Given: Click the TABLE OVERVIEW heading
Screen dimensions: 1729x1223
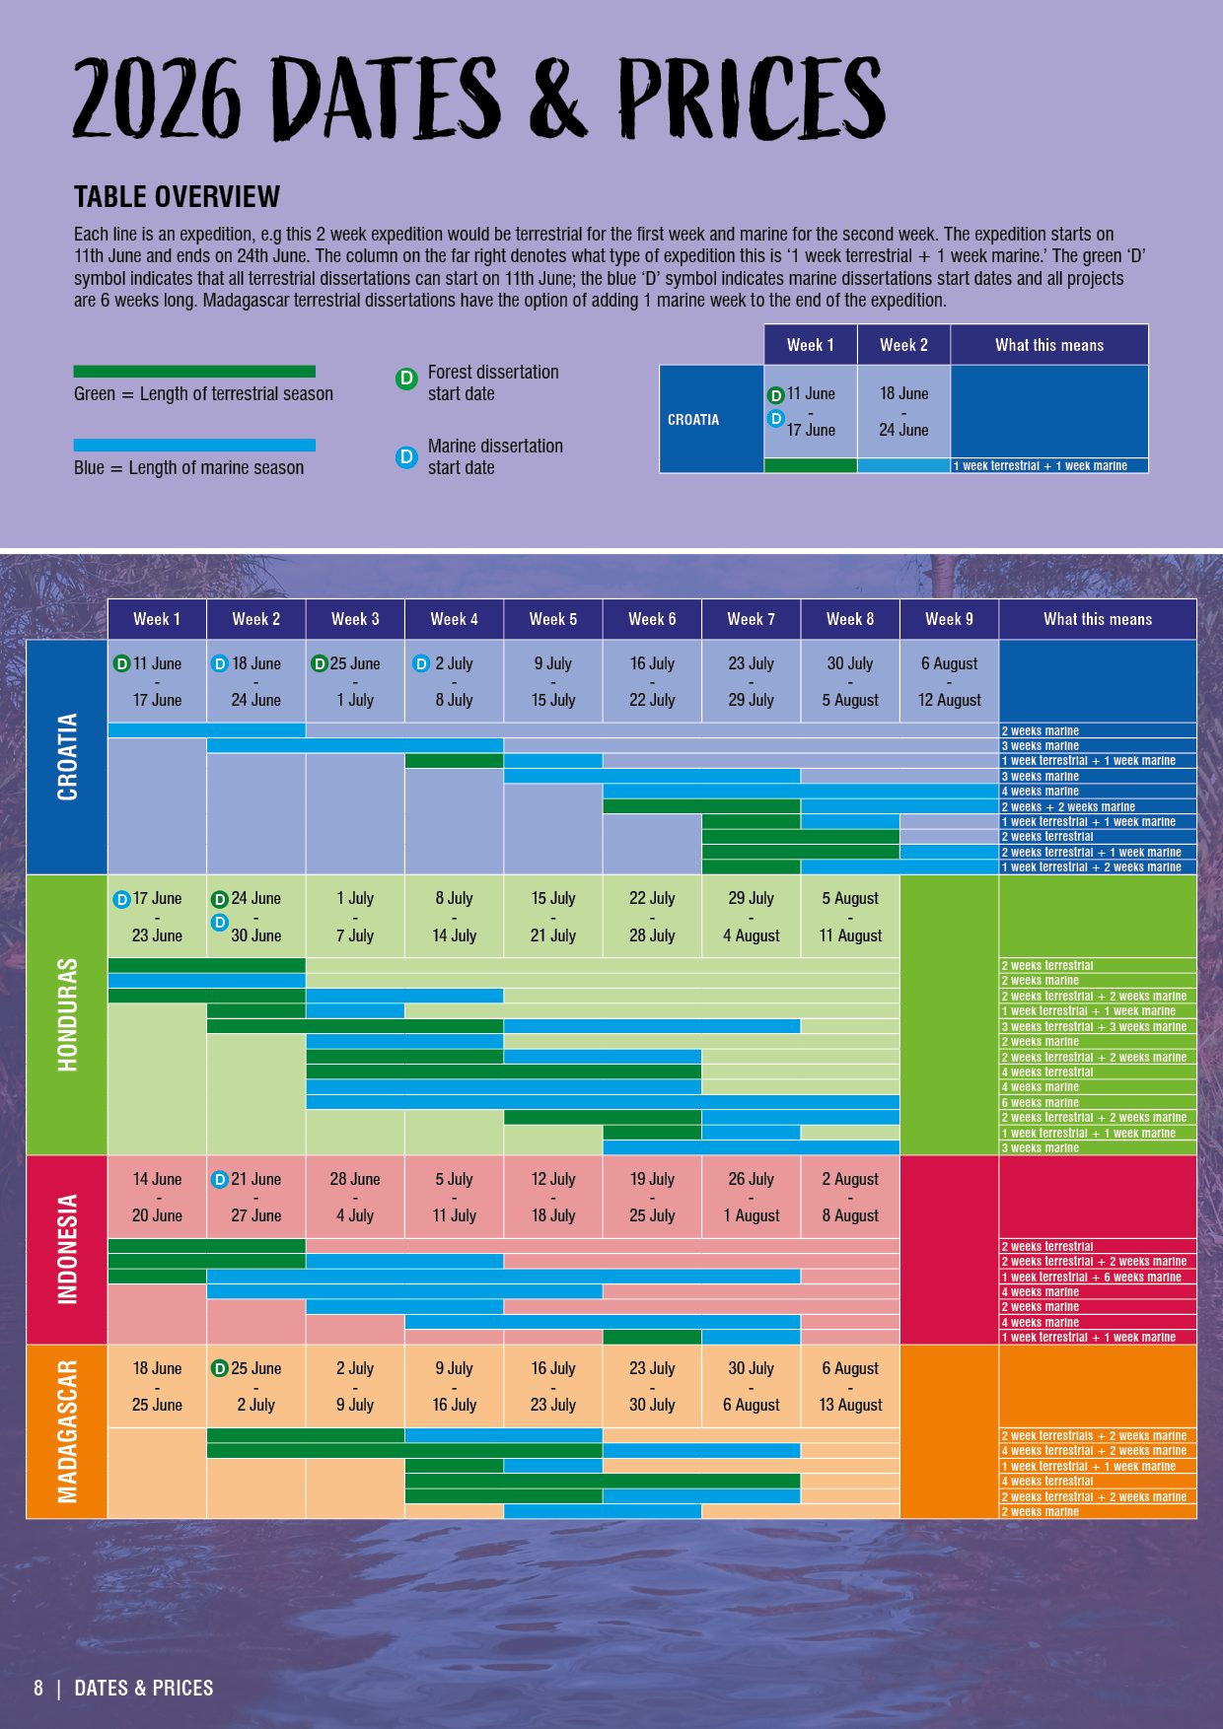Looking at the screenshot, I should pos(177,197).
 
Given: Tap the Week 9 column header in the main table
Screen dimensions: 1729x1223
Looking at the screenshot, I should pos(949,619).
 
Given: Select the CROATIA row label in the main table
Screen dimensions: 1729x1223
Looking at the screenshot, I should pos(66,756).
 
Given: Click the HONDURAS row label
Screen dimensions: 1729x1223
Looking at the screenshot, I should pos(66,1014).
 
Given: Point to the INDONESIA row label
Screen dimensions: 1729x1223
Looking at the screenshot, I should pos(66,1249).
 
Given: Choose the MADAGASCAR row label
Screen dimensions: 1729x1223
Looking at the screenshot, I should pos(66,1431).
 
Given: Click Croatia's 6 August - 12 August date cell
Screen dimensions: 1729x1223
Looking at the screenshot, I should pos(949,681).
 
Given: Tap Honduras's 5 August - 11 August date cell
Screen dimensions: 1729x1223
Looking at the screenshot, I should pos(850,917).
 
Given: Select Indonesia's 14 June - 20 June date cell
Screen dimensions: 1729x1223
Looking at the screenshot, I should pos(157,1197).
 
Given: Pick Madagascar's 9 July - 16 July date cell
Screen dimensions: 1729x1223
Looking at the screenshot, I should pos(454,1386).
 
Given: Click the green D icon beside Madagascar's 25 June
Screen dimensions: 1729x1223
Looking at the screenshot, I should pos(220,1368).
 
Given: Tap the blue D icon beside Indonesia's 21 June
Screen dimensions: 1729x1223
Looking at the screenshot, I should pos(220,1179).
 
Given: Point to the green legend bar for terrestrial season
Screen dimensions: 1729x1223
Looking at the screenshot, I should pos(194,372).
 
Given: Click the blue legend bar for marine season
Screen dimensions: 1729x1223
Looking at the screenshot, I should pos(194,446).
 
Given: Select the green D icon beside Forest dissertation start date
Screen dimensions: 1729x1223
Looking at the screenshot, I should pos(406,379).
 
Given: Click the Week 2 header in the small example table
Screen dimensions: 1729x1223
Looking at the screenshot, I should pos(903,345).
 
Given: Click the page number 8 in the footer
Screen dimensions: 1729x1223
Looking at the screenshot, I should pos(38,1688).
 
